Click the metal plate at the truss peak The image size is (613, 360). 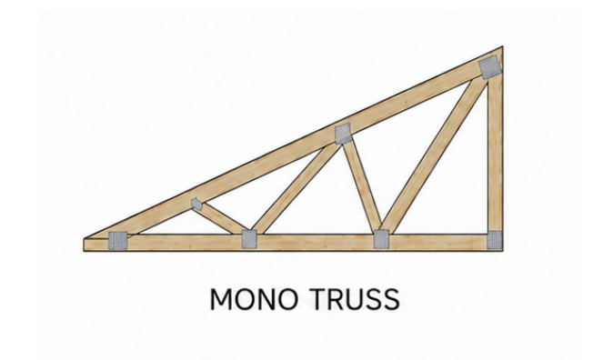489,67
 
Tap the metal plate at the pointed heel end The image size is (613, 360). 118,240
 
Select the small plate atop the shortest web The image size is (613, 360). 196,204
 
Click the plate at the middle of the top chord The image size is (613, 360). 343,134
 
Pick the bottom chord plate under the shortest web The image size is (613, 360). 249,239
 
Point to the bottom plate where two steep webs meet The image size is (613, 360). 381,239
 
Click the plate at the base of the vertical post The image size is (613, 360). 495,239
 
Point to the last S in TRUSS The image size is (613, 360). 391,299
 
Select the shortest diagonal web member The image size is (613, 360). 219,217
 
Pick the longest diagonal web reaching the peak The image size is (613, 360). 434,155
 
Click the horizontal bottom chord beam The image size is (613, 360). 293,243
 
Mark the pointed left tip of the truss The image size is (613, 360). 84,238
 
